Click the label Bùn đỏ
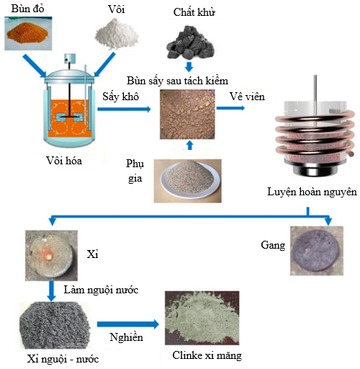(27, 9)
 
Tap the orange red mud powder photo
(28, 33)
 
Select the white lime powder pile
(117, 33)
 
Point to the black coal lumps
(190, 43)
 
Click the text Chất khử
(194, 12)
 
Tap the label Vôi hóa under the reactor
(64, 161)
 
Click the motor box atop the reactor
(70, 58)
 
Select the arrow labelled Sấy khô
(124, 110)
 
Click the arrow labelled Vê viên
(230, 108)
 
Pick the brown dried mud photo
(187, 115)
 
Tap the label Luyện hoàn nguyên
(312, 192)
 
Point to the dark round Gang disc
(317, 250)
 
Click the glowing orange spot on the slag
(49, 256)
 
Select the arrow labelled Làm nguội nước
(51, 290)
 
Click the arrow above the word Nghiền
(128, 324)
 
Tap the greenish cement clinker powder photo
(202, 318)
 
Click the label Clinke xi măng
(207, 355)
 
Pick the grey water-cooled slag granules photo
(55, 326)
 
